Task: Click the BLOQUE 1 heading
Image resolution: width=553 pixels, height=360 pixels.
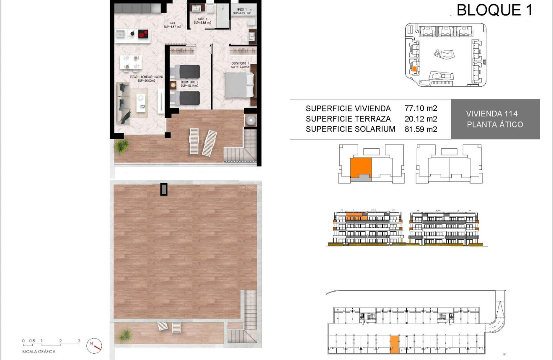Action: click(x=494, y=10)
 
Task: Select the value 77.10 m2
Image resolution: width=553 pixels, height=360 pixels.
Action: click(x=421, y=109)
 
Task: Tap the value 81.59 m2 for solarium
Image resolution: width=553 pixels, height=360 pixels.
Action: click(x=421, y=129)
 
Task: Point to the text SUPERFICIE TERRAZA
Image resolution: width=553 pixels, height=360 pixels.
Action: click(x=348, y=119)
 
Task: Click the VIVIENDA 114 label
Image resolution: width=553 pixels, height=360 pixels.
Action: click(x=491, y=114)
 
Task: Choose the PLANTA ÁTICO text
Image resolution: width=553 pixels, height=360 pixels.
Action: click(x=495, y=124)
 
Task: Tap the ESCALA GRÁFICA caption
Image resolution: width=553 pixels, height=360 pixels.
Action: click(x=39, y=352)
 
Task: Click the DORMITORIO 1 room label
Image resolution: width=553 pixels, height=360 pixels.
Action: click(x=240, y=65)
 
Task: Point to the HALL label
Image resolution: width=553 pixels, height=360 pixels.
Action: click(x=172, y=25)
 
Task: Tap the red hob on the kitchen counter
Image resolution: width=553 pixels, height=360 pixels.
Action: click(x=144, y=34)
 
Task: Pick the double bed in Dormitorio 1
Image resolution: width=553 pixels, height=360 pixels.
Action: click(x=239, y=85)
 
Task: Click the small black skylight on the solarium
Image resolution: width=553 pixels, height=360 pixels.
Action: click(x=163, y=189)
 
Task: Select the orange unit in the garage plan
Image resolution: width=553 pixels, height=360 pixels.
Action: click(x=394, y=344)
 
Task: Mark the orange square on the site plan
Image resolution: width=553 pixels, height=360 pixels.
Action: click(x=414, y=69)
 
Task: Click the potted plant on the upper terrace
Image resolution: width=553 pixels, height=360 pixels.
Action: click(x=122, y=146)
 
